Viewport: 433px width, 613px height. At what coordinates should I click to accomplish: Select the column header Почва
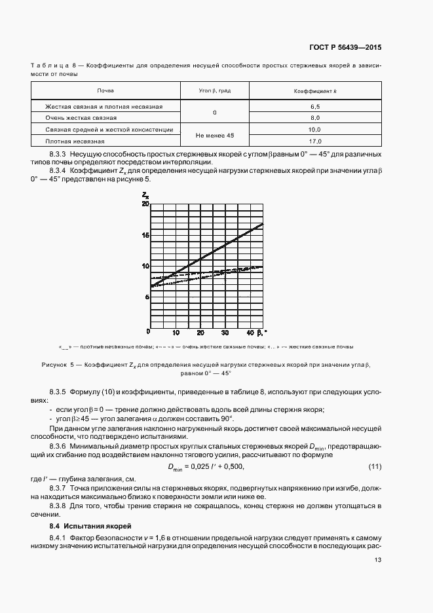(105, 90)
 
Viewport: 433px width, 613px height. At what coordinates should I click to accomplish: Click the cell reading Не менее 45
(214, 136)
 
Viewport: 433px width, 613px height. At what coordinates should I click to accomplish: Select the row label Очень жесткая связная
(81, 118)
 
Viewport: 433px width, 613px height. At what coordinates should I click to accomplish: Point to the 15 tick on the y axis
(145, 234)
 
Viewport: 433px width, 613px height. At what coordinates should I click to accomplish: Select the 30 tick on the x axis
(225, 333)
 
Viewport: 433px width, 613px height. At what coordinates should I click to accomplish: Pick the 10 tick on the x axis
(176, 333)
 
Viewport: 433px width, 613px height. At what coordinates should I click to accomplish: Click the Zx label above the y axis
(145, 195)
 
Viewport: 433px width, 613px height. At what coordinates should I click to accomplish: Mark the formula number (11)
(375, 466)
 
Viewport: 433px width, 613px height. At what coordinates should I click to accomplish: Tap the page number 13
(378, 560)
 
